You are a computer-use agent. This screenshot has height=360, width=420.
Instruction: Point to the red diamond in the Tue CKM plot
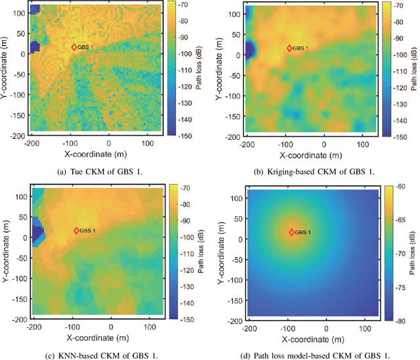(x=74, y=47)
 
